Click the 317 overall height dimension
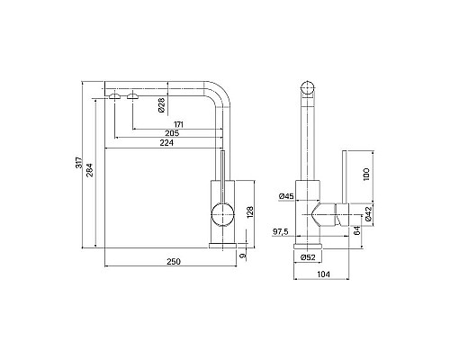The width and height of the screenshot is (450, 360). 78,163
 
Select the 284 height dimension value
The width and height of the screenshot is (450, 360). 90,170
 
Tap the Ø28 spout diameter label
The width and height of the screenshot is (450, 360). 161,105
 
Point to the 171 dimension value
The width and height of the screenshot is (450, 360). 178,124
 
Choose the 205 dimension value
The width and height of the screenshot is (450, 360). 172,133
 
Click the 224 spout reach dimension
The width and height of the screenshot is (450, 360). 166,143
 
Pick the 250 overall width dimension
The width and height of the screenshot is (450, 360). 174,262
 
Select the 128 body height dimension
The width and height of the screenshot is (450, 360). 250,212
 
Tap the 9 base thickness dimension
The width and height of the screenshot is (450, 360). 243,256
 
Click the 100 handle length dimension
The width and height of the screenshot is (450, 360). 366,175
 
